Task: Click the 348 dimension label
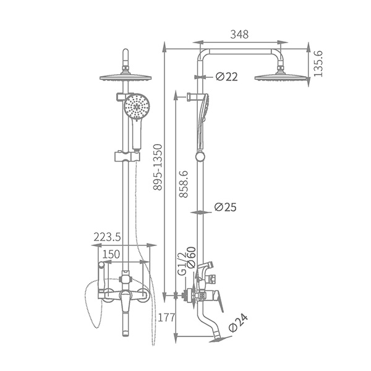(239, 35)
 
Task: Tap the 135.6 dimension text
(318, 64)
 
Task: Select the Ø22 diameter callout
(227, 77)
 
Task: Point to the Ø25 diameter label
(225, 207)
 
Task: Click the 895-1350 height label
(158, 168)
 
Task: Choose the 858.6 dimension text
(184, 184)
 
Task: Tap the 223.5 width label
(107, 237)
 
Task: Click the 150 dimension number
(111, 254)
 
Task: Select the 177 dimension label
(166, 318)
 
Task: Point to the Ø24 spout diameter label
(239, 323)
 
